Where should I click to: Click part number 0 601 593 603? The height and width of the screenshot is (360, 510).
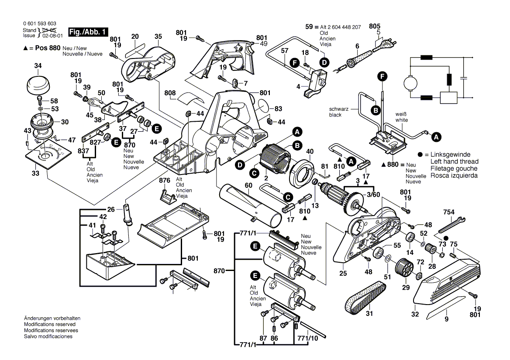(40, 24)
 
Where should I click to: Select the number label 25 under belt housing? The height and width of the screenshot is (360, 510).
(343, 274)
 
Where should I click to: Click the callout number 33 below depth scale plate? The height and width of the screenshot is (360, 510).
(36, 173)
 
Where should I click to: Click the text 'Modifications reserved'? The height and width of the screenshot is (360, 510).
(49, 324)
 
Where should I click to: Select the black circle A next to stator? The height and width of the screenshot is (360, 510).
(297, 131)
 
